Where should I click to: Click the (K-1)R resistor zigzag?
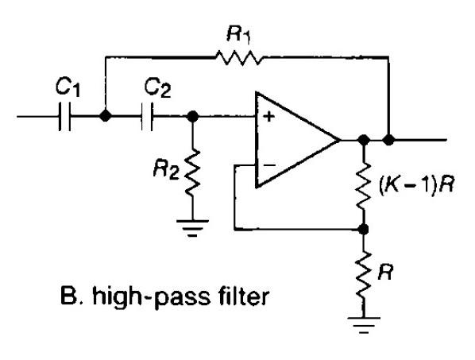(x=365, y=188)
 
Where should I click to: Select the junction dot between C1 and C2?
(x=105, y=117)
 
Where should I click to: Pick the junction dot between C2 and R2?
(x=191, y=117)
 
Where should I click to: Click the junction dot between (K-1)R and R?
(x=365, y=229)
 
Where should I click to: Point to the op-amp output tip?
(x=339, y=141)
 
